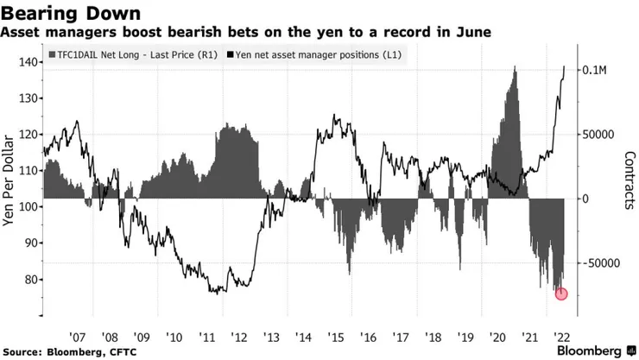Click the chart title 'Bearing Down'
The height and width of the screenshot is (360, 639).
tap(65, 13)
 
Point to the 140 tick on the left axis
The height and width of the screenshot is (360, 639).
tap(29, 62)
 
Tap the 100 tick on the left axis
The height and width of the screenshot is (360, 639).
tap(29, 207)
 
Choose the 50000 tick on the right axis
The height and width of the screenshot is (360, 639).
tap(595, 135)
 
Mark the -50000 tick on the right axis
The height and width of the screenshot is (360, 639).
tap(597, 262)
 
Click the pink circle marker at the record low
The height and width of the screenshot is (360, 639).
tap(561, 294)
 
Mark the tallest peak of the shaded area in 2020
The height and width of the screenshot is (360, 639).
tap(515, 67)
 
